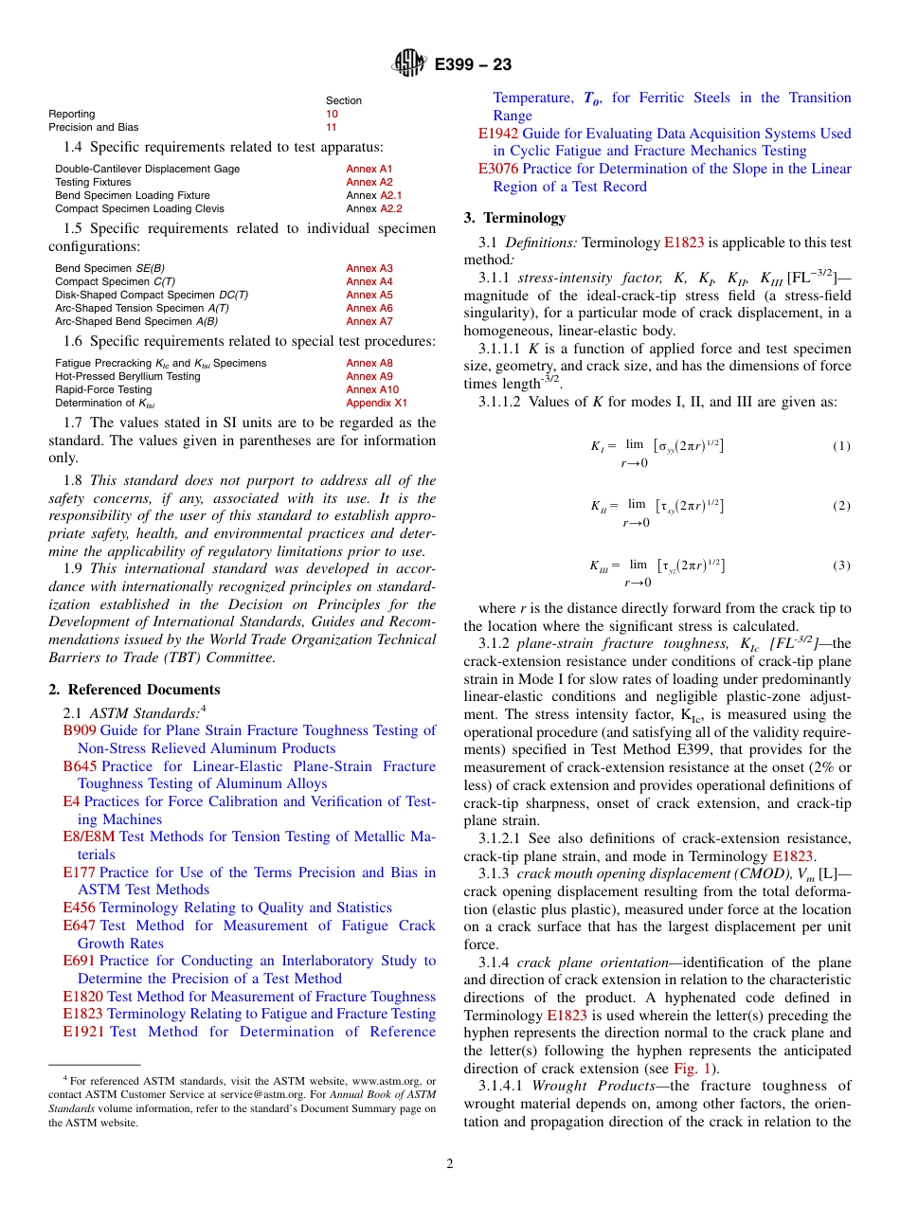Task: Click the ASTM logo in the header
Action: point(410,64)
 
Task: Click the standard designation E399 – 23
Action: point(473,64)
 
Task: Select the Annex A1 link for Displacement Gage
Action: point(369,169)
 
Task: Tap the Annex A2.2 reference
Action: point(391,208)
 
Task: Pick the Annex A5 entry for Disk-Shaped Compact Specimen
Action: point(369,295)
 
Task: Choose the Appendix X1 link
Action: point(376,403)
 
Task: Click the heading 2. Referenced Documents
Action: point(135,690)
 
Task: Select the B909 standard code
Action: point(79,730)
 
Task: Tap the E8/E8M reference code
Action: point(88,836)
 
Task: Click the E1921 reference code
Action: point(83,1032)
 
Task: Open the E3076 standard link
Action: point(497,169)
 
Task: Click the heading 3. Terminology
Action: point(514,218)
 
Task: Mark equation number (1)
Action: point(841,446)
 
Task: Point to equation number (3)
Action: point(841,566)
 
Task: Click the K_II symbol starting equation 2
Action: point(599,506)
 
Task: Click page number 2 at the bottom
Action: point(450,1164)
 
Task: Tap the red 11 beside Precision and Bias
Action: point(332,127)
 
